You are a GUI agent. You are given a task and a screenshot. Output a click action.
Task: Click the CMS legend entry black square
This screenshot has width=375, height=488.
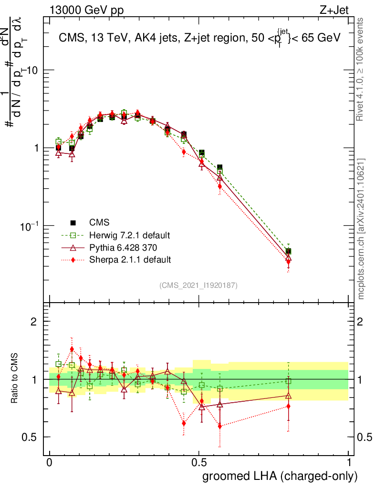point(73,223)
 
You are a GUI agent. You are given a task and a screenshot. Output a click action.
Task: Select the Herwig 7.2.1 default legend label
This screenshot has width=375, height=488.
point(130,235)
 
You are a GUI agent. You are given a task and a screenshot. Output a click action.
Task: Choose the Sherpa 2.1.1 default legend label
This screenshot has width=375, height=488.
point(130,260)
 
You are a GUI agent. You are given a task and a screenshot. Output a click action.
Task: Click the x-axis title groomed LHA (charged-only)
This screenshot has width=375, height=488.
point(281,476)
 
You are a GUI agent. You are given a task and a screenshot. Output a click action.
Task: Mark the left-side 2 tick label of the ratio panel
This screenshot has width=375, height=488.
point(34,322)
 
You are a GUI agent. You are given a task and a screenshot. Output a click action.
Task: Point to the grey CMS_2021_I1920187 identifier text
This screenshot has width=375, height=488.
point(198,285)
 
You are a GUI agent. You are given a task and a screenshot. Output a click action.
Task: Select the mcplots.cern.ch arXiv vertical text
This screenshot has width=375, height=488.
point(361,229)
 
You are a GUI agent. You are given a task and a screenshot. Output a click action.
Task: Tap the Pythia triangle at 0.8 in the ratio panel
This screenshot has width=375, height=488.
point(288,396)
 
